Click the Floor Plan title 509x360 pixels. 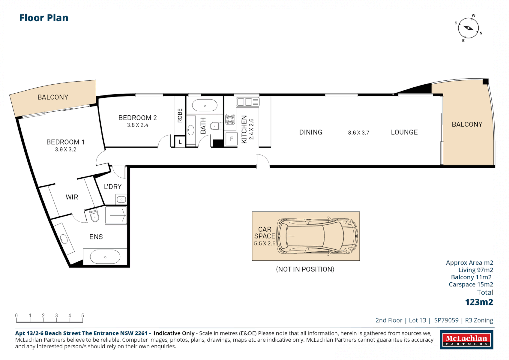[x=44, y=18]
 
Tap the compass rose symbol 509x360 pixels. [x=469, y=28]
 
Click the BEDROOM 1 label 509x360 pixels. [x=65, y=142]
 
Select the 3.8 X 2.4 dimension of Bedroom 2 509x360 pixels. [x=137, y=125]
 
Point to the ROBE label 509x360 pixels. [x=180, y=116]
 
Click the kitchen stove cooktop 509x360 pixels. [x=230, y=119]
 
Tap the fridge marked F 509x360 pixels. [x=232, y=139]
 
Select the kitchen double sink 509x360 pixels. [x=247, y=102]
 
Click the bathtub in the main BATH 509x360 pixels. [x=205, y=105]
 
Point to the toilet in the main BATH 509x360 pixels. [x=216, y=126]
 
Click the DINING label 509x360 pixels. [x=311, y=132]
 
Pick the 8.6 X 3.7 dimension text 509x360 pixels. [x=359, y=133]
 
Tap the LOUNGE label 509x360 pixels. [x=404, y=132]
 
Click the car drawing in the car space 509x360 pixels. [x=317, y=236]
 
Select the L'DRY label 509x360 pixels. [x=113, y=187]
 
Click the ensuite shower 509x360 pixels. [x=116, y=215]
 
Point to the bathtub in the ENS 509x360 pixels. [x=105, y=257]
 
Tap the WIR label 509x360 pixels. [x=72, y=197]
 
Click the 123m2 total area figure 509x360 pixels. [x=479, y=302]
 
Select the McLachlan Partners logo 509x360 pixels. [x=467, y=340]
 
